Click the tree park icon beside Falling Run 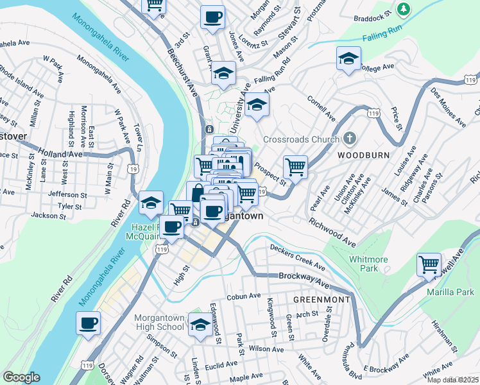point(404,9)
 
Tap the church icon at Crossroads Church point(350,139)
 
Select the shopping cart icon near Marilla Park point(429,264)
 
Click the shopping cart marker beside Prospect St point(295,168)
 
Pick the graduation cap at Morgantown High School point(200,325)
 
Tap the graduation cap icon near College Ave point(348,58)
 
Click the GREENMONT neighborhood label point(321,300)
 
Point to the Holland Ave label point(60,153)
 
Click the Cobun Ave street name point(244,296)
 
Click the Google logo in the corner point(21,377)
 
